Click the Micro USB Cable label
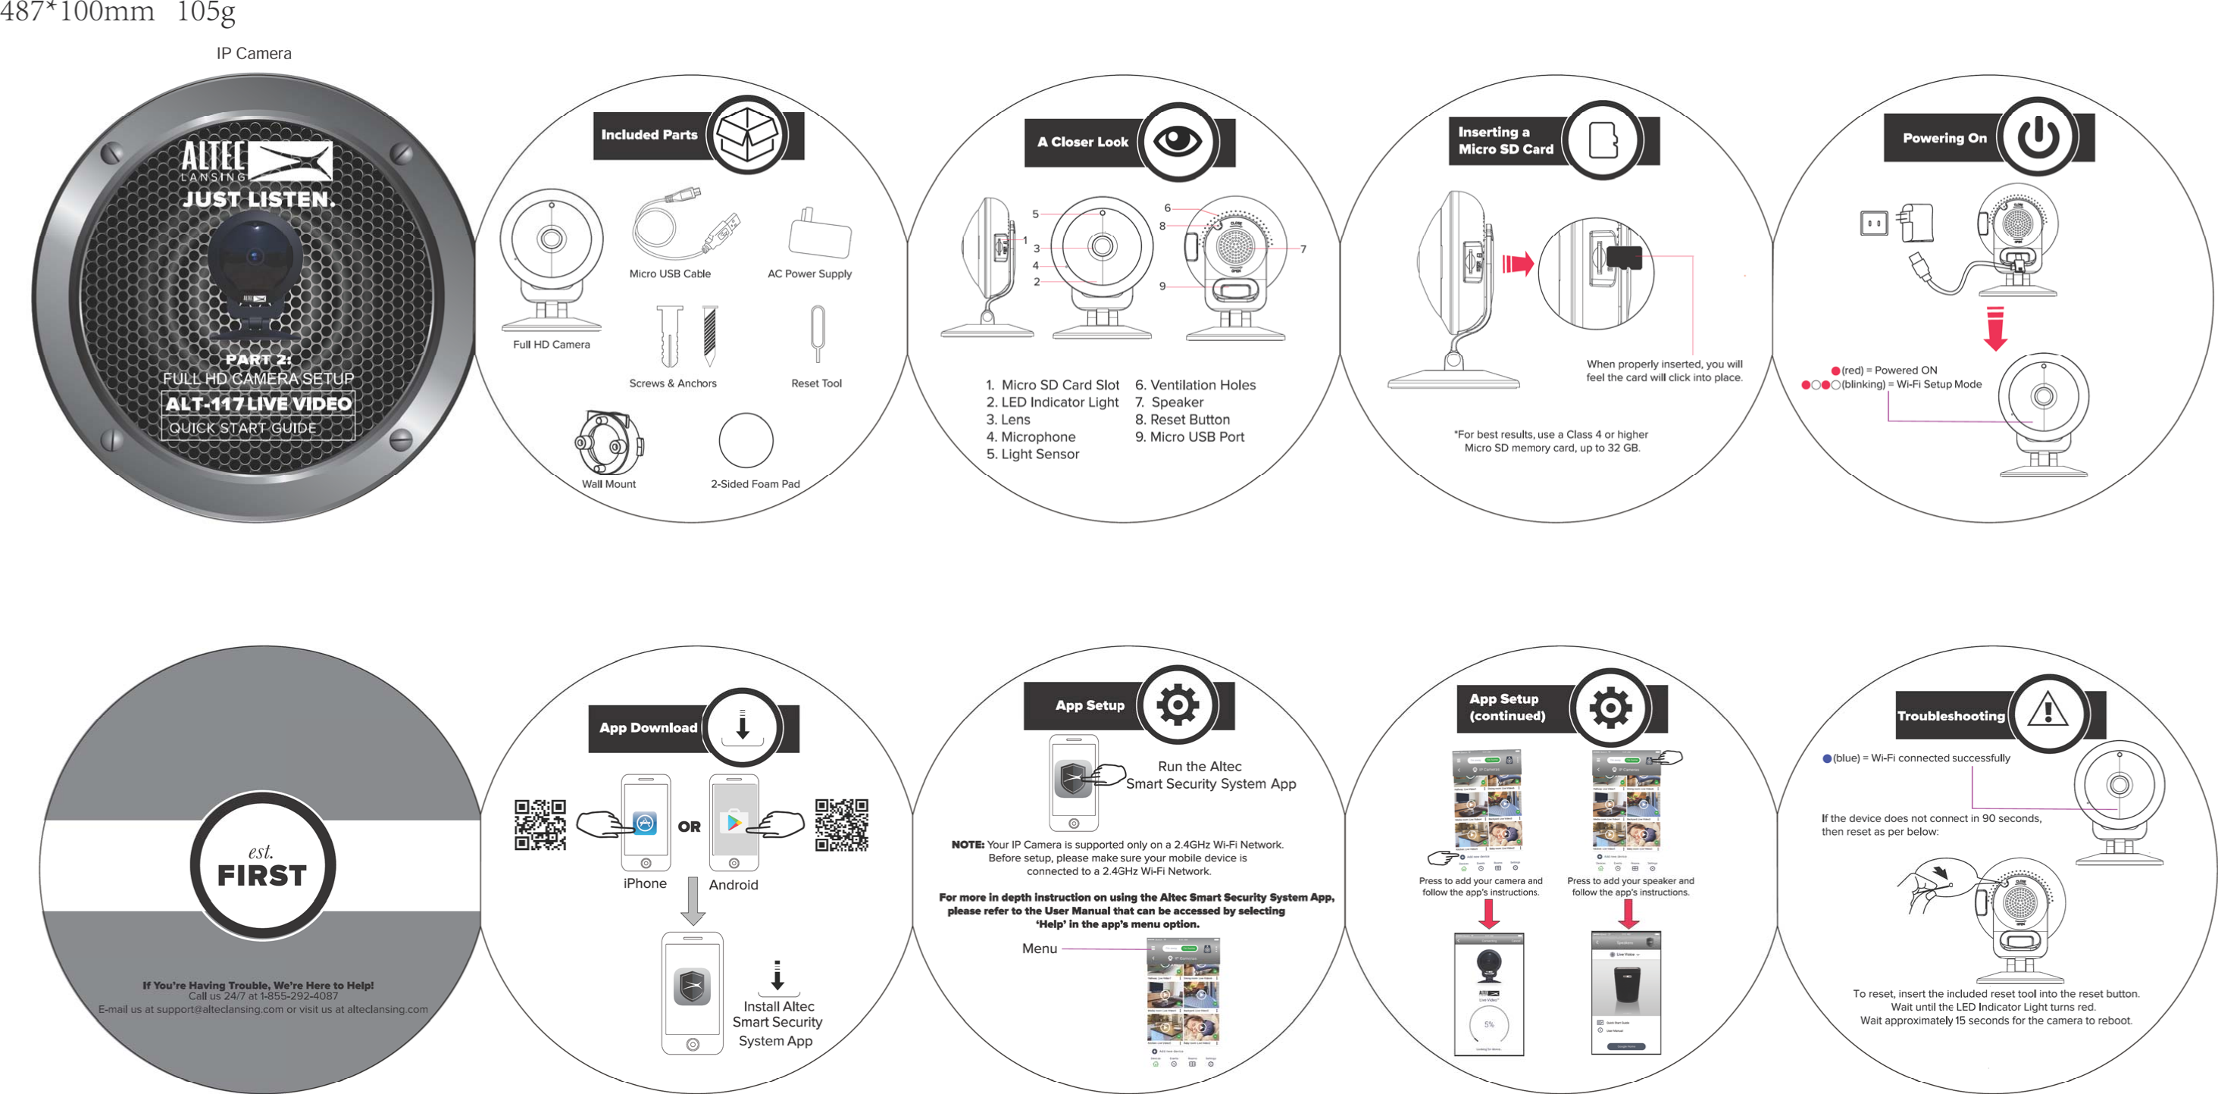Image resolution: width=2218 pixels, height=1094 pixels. pos(670,273)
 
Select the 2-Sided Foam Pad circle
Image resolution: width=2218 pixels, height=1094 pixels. pos(746,441)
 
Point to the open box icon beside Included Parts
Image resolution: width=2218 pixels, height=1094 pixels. pos(747,135)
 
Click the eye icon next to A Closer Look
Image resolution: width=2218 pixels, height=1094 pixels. pos(1177,141)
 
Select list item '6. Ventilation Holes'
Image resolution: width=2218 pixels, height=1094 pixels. pos(1195,385)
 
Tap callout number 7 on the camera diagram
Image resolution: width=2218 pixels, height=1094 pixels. pos(1303,249)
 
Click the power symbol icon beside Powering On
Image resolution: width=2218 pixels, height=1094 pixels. pos(2038,137)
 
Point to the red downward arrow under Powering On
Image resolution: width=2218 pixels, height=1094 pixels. pos(1996,329)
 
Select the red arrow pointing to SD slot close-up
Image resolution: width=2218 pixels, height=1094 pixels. pos(1518,264)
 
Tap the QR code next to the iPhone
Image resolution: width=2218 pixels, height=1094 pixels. pos(540,824)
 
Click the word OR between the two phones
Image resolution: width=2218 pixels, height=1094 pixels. pos(689,827)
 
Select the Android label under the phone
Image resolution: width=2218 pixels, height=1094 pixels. pos(734,885)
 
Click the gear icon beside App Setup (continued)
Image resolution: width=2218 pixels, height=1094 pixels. pos(1610,708)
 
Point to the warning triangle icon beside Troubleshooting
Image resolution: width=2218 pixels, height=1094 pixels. pos(2048,713)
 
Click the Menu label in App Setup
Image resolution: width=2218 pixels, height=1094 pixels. pos(1039,949)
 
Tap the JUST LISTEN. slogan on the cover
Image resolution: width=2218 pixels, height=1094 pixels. pos(258,200)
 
